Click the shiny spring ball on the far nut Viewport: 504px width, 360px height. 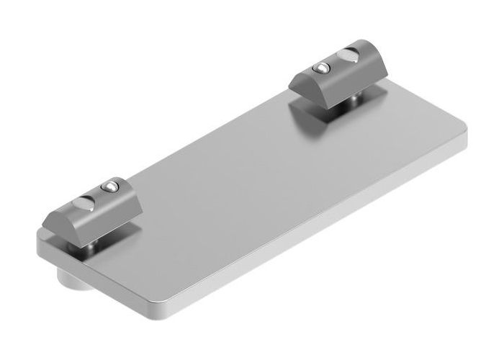pyautogui.click(x=320, y=68)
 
